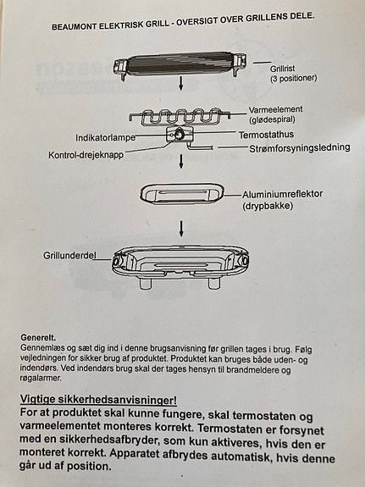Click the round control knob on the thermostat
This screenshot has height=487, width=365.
[x=180, y=136]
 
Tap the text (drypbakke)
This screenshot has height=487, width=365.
[x=269, y=206]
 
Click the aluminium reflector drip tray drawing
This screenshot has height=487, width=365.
[x=182, y=194]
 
